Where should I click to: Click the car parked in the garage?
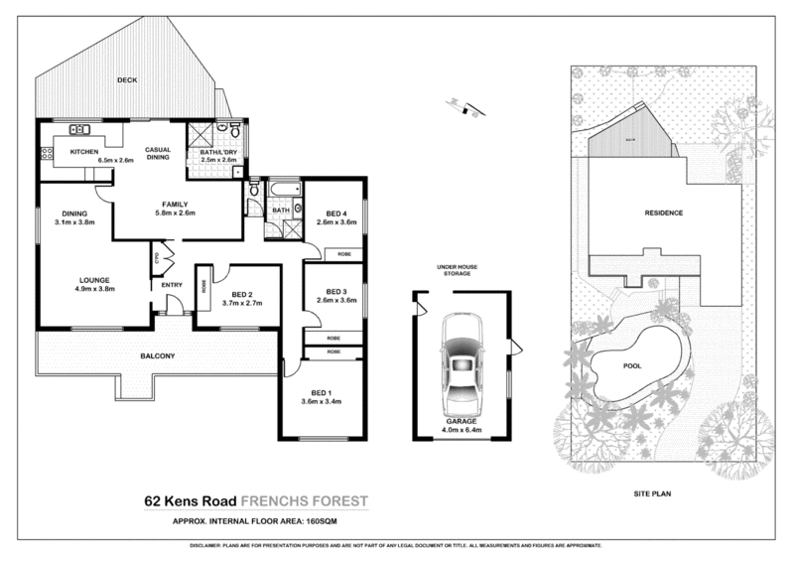click(x=460, y=364)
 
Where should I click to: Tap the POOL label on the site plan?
click(x=632, y=365)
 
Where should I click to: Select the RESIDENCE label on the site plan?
click(x=664, y=213)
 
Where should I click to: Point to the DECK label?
click(x=126, y=79)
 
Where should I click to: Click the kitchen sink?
click(x=78, y=130)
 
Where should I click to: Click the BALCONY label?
click(x=157, y=356)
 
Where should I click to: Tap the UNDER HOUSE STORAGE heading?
click(x=460, y=273)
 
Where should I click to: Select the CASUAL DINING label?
click(x=160, y=155)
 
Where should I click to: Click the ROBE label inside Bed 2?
click(x=204, y=289)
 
